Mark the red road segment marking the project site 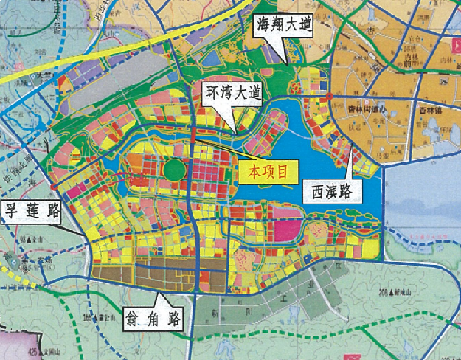pyautogui.click(x=194, y=136)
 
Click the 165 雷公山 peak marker pyautogui.click(x=119, y=319)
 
